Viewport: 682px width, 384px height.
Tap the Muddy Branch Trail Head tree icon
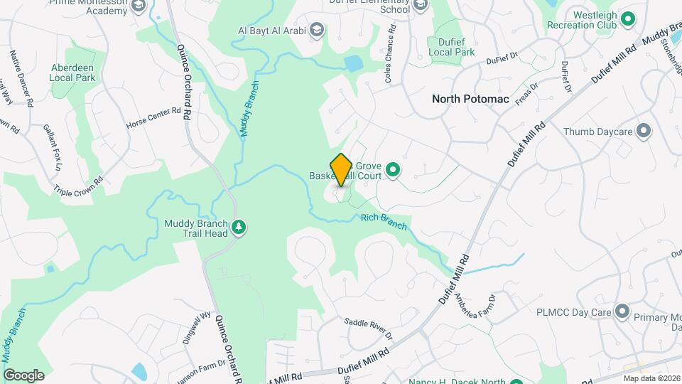(240, 227)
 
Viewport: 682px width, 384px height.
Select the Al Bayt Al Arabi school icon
(317, 31)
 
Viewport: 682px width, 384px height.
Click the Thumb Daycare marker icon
(644, 132)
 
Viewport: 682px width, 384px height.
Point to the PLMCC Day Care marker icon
(622, 311)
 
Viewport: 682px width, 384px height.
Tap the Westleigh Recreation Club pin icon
(627, 19)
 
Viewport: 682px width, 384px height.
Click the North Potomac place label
(470, 99)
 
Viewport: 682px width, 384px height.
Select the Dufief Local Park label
(451, 47)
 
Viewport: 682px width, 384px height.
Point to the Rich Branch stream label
(384, 222)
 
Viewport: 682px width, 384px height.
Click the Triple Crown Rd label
(79, 181)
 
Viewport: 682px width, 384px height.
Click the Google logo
(23, 375)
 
